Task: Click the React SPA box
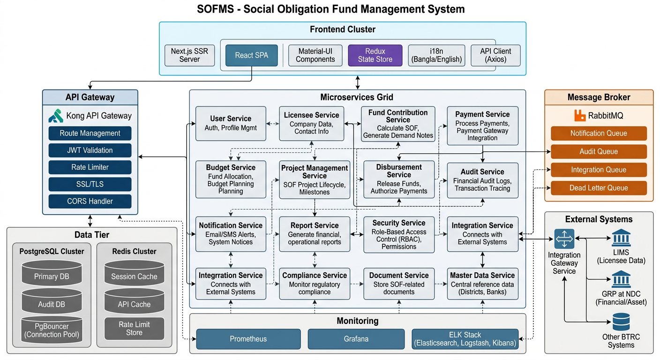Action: [252, 55]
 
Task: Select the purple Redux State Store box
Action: [375, 55]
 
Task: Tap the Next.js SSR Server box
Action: [189, 55]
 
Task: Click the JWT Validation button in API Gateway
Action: [90, 150]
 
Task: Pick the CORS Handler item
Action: [90, 201]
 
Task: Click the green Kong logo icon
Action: [56, 115]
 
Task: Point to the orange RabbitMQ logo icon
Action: [580, 115]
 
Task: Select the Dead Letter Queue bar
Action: [599, 188]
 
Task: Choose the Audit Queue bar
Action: [599, 151]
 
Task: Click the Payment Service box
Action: [482, 126]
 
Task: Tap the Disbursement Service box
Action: [399, 179]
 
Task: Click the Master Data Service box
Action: [482, 283]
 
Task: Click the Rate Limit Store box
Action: [134, 328]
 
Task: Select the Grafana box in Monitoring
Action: [356, 339]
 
